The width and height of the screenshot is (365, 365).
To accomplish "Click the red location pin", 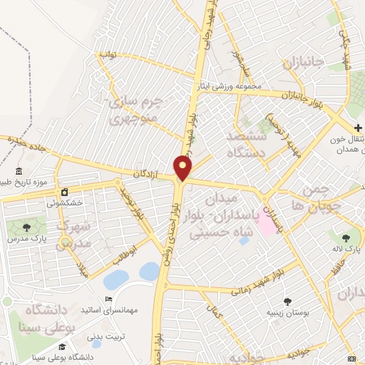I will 183,168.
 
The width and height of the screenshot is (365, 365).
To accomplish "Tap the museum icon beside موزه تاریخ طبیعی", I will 18,171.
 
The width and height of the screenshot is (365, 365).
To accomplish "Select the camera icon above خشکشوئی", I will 64,192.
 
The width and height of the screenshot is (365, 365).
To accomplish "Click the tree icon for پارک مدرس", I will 26,227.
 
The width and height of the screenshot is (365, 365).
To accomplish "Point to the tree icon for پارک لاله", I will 346,237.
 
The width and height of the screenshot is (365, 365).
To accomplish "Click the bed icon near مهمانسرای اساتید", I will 108,299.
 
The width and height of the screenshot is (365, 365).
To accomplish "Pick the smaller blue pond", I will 150,271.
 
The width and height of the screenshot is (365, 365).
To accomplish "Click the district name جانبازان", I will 303,61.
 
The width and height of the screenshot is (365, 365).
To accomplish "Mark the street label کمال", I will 212,312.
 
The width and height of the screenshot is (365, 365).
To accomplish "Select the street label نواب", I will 107,54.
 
